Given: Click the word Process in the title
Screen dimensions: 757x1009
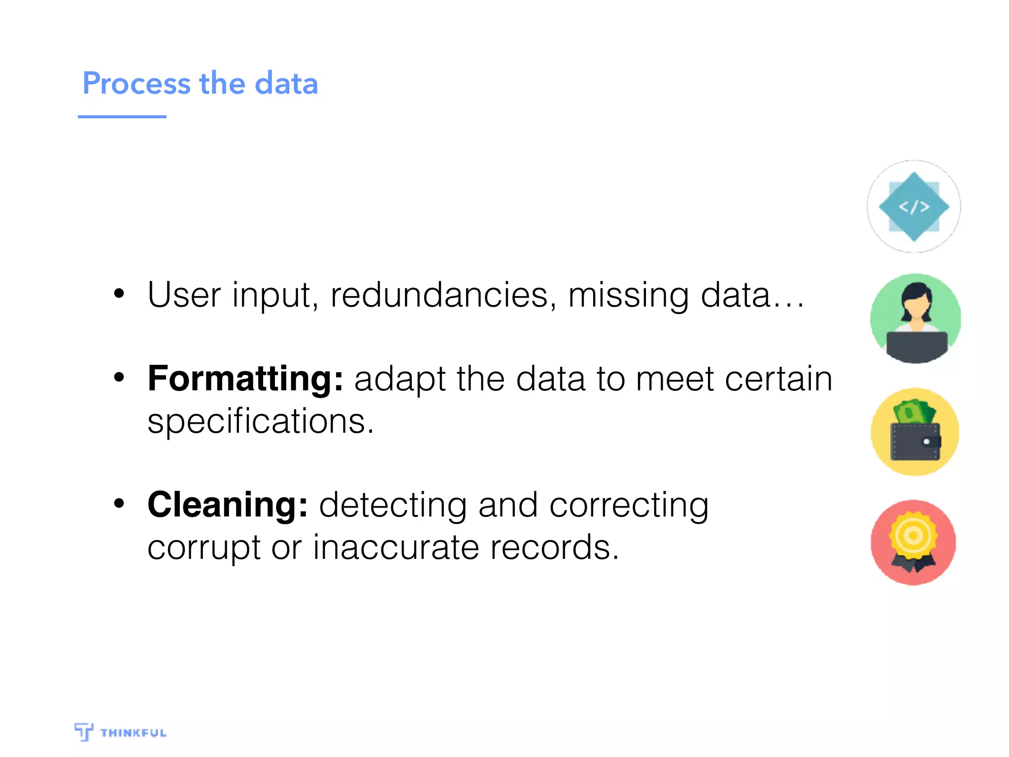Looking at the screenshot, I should click(x=136, y=83).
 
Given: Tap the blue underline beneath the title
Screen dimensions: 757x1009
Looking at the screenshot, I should click(x=122, y=117).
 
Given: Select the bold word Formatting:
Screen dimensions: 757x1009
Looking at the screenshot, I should click(x=245, y=378).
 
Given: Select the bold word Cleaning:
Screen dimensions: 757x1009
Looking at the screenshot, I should click(x=228, y=505).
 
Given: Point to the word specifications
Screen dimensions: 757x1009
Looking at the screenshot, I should click(x=260, y=421).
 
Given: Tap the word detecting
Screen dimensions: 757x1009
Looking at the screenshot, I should click(x=393, y=506).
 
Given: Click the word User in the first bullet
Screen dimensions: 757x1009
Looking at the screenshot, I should click(x=184, y=295).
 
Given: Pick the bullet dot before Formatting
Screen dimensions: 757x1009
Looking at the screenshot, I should click(x=119, y=378).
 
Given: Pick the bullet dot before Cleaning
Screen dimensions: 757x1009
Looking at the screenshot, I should click(x=119, y=504).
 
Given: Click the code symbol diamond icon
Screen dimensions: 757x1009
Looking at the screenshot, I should click(x=913, y=206).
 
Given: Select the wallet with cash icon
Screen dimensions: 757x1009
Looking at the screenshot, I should click(x=915, y=432).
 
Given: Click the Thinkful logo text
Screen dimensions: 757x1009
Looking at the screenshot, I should click(x=133, y=733).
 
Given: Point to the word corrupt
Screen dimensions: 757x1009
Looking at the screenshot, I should click(x=204, y=548).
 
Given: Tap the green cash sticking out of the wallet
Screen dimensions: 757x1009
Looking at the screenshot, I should click(x=913, y=411).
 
